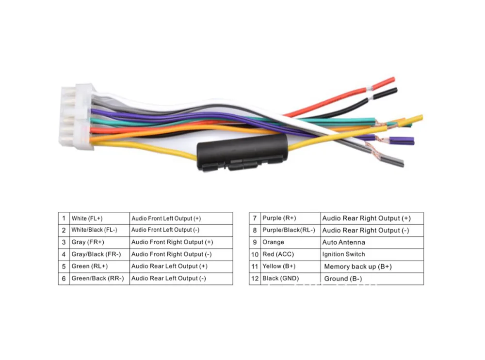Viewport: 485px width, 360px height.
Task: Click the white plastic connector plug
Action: (76, 116)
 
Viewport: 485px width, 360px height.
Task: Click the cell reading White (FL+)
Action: (99, 219)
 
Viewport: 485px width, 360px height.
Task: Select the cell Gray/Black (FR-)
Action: (99, 254)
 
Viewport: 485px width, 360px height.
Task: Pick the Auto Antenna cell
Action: (372, 242)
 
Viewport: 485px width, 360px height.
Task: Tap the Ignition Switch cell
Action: (372, 254)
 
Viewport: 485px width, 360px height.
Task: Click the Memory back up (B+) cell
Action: (372, 266)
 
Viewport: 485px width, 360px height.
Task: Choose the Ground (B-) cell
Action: (372, 279)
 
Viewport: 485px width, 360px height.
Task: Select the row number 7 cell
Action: (255, 219)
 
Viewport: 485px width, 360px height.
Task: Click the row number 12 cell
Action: (255, 279)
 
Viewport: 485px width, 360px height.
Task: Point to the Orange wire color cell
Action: (291, 242)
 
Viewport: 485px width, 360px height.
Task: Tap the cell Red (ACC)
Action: (291, 254)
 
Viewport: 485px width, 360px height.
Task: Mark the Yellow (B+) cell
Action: (291, 266)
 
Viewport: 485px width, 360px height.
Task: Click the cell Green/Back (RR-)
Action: (99, 279)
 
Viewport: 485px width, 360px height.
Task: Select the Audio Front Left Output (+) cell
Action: (180, 219)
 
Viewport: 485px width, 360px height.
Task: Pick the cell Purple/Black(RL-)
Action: (291, 231)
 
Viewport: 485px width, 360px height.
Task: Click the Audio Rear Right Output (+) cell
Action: (372, 219)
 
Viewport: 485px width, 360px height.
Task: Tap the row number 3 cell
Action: (64, 242)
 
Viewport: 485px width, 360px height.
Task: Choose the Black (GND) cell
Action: (291, 279)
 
